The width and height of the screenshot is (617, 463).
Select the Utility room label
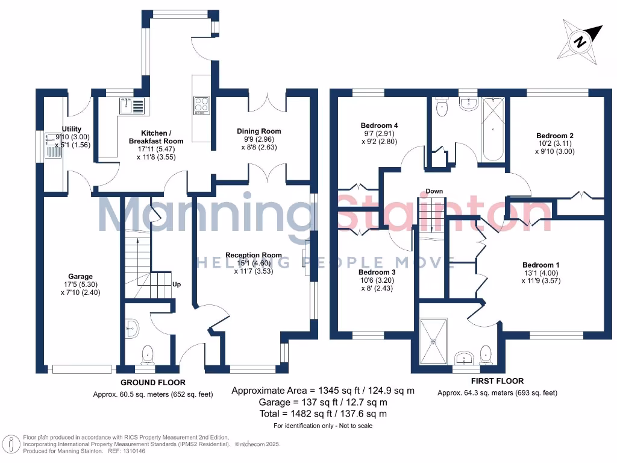pos(72,129)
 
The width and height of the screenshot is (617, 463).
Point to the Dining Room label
pos(258,131)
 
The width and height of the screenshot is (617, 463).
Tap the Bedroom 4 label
pos(380,125)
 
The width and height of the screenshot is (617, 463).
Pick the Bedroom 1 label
pos(540,265)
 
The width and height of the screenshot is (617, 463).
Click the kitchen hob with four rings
pos(201,105)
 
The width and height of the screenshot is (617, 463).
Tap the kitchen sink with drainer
pos(133,106)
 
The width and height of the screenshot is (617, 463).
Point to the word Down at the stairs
pos(434,191)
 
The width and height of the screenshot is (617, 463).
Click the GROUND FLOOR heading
pos(153,382)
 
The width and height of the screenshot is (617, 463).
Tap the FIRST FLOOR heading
pos(497,381)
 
